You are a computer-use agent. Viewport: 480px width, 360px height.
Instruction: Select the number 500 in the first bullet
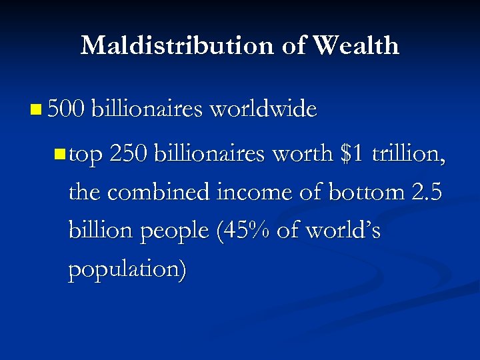[64, 109]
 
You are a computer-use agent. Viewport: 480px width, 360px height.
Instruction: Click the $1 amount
[351, 155]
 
